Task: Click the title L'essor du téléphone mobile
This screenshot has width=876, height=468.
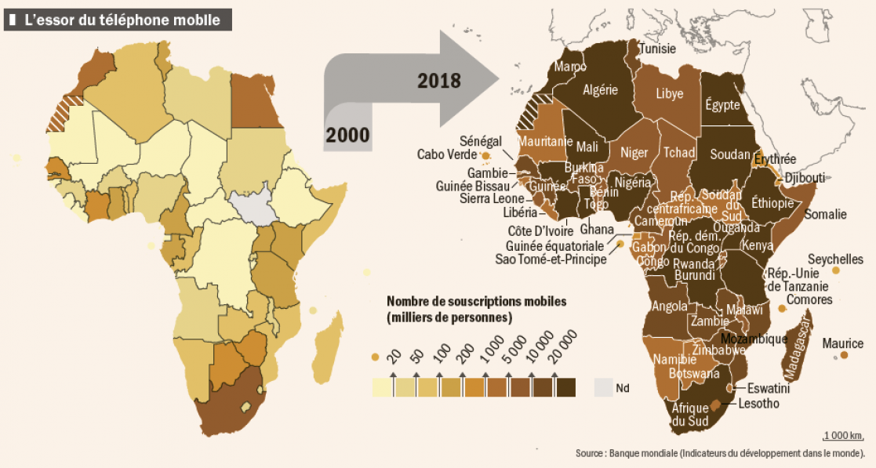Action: pos(122,20)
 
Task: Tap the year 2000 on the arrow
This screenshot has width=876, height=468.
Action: pos(347,134)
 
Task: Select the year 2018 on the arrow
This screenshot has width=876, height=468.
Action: pos(439,80)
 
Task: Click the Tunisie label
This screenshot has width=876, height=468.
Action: pos(657,49)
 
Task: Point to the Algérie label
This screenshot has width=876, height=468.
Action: pos(601,90)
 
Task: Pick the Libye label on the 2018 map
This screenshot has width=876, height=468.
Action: pos(669,93)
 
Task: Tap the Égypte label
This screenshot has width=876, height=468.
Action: pos(722,104)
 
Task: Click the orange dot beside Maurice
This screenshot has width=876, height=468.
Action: pos(844,355)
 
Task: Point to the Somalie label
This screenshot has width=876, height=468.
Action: pos(826,214)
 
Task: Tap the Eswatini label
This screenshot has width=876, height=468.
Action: pos(767,387)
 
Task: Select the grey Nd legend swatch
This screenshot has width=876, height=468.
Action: pos(602,386)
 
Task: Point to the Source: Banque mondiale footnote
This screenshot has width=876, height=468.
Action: pos(720,453)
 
